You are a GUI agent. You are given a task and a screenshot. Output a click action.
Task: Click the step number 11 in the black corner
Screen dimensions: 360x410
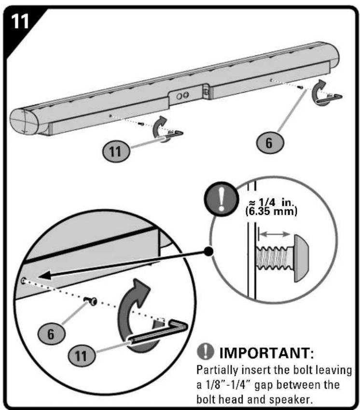click(20, 21)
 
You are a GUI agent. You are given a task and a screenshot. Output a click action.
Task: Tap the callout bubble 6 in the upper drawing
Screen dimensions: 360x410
click(270, 143)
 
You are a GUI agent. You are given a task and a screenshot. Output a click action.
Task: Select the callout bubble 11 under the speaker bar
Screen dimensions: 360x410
click(116, 151)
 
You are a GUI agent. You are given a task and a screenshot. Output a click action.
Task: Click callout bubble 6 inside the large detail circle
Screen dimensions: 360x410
click(52, 334)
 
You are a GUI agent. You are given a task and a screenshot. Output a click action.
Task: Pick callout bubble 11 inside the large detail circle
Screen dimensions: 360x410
click(82, 356)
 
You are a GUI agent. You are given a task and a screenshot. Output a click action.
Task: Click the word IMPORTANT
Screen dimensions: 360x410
click(266, 353)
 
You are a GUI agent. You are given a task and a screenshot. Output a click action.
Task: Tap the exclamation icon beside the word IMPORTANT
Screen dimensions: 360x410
click(206, 351)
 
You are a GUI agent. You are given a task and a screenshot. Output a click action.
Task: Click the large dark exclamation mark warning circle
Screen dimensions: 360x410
click(222, 199)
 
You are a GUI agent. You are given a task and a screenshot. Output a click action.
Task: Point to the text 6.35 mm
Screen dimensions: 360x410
click(271, 211)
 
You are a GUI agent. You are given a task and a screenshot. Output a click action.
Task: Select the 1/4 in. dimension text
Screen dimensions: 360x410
click(271, 202)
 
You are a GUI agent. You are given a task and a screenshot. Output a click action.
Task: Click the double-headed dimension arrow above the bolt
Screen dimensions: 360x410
click(274, 234)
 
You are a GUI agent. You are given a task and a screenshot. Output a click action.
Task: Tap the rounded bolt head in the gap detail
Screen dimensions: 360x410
click(302, 259)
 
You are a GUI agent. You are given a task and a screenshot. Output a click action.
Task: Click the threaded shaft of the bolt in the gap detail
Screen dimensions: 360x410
click(275, 258)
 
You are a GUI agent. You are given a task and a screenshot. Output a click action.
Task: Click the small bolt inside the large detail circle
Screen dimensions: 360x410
click(91, 301)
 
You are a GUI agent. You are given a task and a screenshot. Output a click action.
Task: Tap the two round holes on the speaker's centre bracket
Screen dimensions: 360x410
click(182, 96)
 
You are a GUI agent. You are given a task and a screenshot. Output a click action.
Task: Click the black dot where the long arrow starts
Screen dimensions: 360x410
click(208, 251)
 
